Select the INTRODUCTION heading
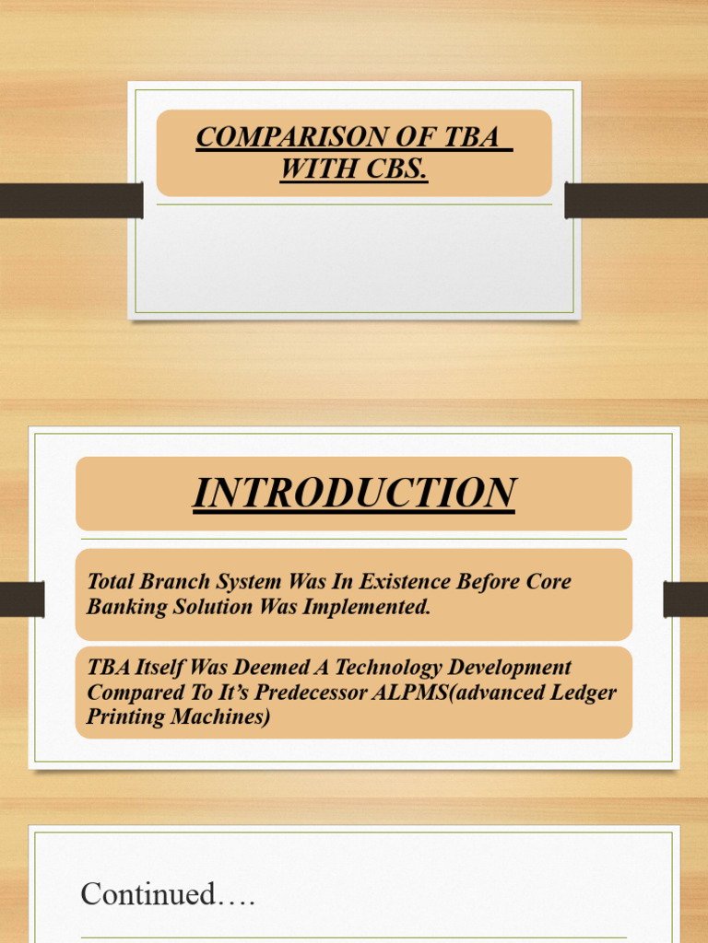[354, 493]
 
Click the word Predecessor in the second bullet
[317, 693]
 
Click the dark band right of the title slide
[636, 200]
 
